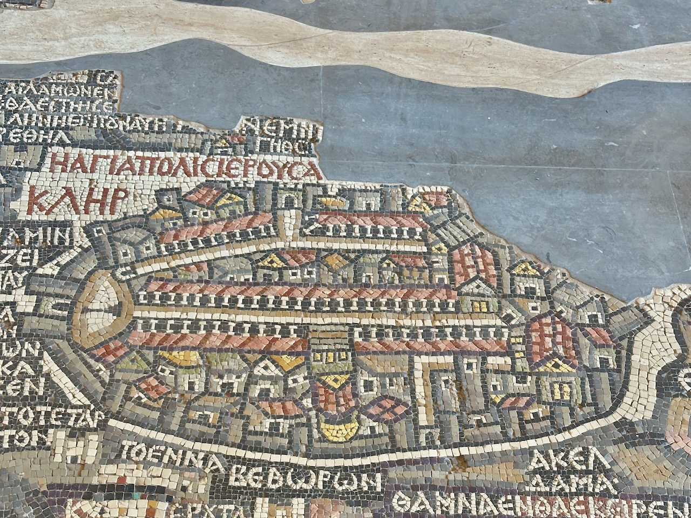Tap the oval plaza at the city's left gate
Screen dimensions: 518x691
pos(103,308)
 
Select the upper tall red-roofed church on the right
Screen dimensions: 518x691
pos(475,264)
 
